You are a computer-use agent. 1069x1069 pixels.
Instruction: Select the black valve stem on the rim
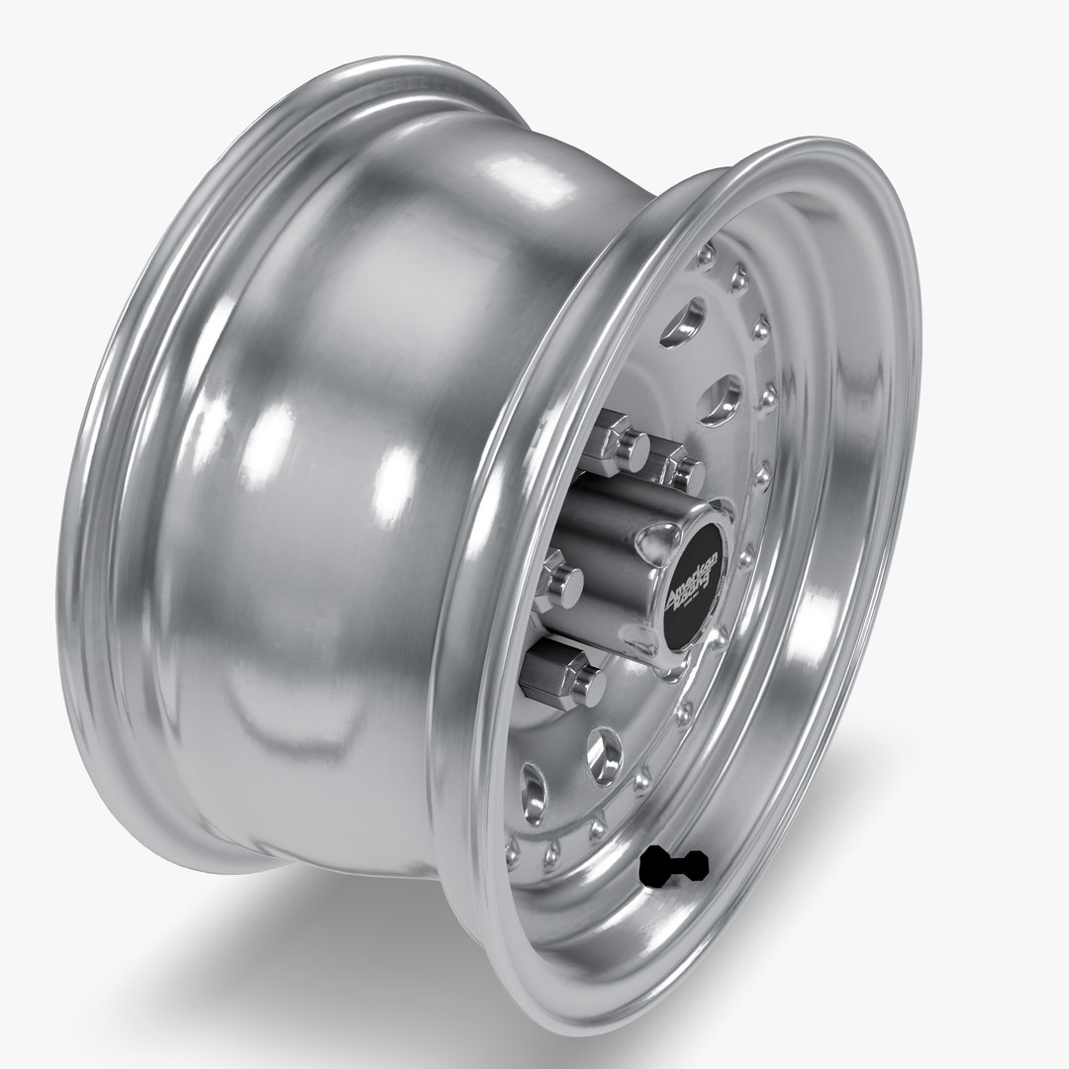click(x=675, y=867)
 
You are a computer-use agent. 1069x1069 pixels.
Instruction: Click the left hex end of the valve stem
click(x=654, y=869)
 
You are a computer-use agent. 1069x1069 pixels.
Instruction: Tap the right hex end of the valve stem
click(x=696, y=865)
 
